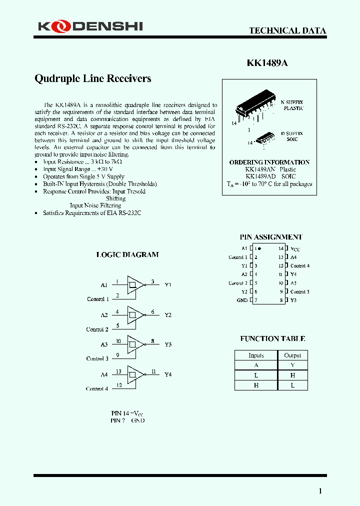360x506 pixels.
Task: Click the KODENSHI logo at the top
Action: pyautogui.click(x=90, y=25)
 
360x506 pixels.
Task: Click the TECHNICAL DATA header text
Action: pyautogui.click(x=287, y=30)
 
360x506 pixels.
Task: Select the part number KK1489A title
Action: pyautogui.click(x=267, y=63)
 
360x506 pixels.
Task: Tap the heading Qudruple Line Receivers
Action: pyautogui.click(x=92, y=78)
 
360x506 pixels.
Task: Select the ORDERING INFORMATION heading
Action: pyautogui.click(x=269, y=162)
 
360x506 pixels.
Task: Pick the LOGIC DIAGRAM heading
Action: pyautogui.click(x=127, y=254)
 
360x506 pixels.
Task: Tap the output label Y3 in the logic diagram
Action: pyautogui.click(x=168, y=344)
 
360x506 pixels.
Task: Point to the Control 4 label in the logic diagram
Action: pyautogui.click(x=96, y=388)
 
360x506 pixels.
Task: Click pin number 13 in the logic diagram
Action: pyautogui.click(x=118, y=371)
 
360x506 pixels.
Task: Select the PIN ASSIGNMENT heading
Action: pyautogui.click(x=271, y=237)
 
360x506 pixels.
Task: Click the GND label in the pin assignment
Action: pyautogui.click(x=242, y=300)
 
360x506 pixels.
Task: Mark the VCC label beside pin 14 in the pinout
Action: pyautogui.click(x=295, y=249)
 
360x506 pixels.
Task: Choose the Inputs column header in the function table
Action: pyautogui.click(x=256, y=355)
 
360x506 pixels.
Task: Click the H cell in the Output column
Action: pyautogui.click(x=292, y=375)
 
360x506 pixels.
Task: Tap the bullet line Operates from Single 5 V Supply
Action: pyautogui.click(x=83, y=176)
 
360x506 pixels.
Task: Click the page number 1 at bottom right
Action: pyautogui.click(x=320, y=490)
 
